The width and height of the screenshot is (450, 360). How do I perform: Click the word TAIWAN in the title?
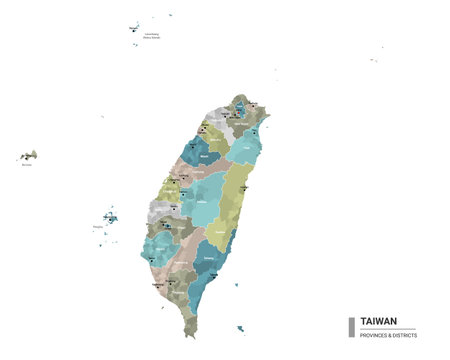(378, 321)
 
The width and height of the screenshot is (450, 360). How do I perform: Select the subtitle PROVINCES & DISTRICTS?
(388, 334)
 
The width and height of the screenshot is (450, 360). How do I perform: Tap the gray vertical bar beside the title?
(351, 327)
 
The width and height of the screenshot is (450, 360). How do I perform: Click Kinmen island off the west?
(29, 157)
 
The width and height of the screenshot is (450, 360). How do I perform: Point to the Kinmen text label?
(26, 166)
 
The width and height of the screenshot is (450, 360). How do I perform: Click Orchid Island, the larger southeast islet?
(241, 327)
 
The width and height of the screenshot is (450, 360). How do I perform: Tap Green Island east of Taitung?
(237, 285)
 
